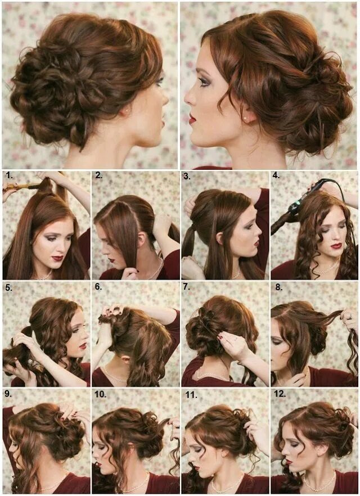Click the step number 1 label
click(x=9, y=175)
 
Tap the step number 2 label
click(x=99, y=175)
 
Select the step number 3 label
click(x=187, y=175)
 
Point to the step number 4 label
click(x=277, y=175)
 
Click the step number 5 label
click(x=9, y=287)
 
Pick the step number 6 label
click(x=99, y=287)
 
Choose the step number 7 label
click(x=187, y=287)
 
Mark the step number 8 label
click(x=278, y=287)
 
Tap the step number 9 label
click(x=9, y=395)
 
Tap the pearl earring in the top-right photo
click(x=246, y=119)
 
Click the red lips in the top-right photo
click(x=192, y=119)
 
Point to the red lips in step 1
click(x=57, y=258)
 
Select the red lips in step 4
click(x=336, y=246)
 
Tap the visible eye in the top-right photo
click(x=204, y=82)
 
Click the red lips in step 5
click(x=82, y=346)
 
